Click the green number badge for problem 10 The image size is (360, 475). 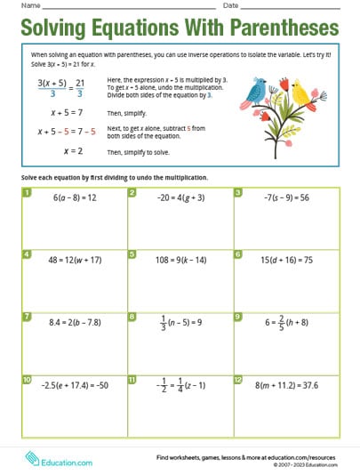(26, 379)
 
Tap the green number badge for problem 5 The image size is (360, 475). (132, 254)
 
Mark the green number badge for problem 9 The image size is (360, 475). (238, 316)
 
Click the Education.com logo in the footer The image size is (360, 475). (60, 460)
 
